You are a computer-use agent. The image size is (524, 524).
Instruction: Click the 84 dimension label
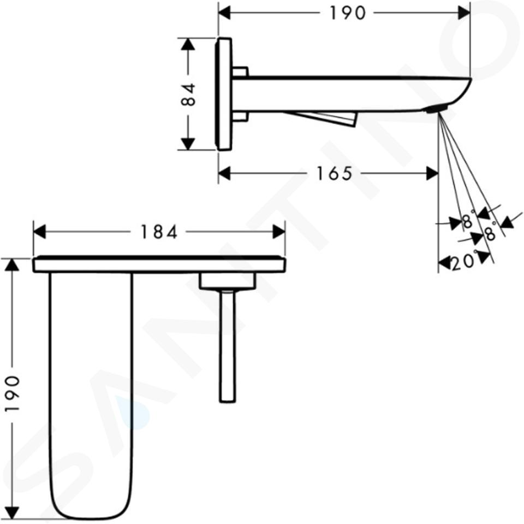coord(188,95)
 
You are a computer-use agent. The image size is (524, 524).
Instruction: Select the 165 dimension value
coord(334,174)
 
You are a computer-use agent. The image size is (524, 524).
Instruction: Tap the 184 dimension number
coord(159,232)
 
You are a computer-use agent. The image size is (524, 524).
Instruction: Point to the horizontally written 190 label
coord(348,13)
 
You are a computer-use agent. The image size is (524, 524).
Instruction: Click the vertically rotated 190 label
coord(13,394)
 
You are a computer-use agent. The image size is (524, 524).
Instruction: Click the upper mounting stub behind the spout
coord(240,72)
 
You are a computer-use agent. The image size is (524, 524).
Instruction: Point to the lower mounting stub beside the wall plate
coord(240,116)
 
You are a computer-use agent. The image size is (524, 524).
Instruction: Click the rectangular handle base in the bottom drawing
coord(228,281)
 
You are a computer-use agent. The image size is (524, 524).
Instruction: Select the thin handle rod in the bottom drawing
coord(228,346)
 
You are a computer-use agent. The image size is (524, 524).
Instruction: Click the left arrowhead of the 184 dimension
coord(39,232)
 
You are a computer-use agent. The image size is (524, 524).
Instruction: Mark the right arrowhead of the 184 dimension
coord(279,232)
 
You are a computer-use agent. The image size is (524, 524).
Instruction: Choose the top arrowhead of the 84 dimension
coord(188,44)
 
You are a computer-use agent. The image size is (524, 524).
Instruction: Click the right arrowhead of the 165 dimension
coord(432,173)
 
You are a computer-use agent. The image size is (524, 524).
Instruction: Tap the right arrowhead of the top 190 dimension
coord(464,13)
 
